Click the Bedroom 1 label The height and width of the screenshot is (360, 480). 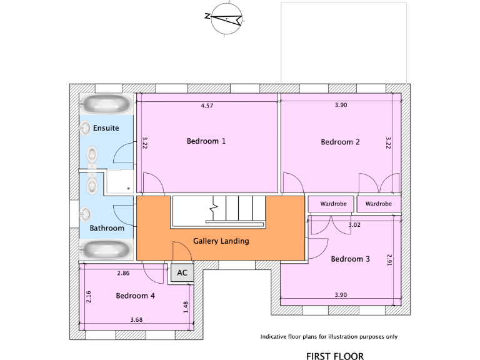(206, 141)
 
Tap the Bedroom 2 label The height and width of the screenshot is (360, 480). (340, 142)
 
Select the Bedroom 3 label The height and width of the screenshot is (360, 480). (351, 259)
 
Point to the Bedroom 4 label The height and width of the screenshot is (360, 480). (135, 296)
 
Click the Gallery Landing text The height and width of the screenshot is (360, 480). (221, 241)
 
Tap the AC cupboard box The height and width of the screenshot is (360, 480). (182, 272)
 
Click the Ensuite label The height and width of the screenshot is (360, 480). (106, 127)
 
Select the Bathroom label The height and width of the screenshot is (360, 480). (107, 228)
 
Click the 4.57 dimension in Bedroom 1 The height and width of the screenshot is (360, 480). (207, 106)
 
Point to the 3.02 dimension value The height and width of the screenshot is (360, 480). (354, 224)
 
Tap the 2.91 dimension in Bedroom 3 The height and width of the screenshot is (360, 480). (389, 260)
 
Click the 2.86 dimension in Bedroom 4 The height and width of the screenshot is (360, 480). (122, 274)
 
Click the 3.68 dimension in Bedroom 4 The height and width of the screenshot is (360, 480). (136, 320)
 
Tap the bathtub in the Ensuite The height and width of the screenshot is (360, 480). (106, 103)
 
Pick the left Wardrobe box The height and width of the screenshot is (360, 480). (331, 204)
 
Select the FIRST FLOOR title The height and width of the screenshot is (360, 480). (334, 356)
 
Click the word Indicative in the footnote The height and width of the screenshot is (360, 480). (274, 336)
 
